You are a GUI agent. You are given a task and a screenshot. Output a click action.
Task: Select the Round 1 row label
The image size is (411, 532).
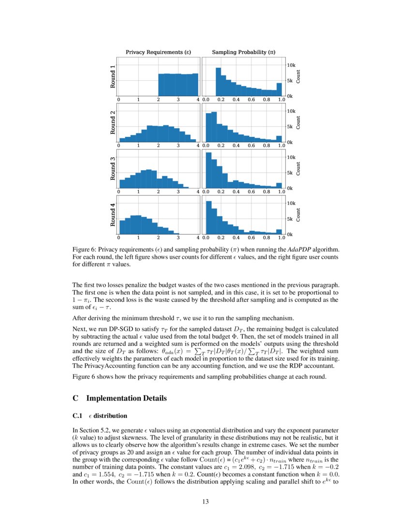113,76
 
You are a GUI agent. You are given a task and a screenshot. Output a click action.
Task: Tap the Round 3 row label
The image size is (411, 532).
113,168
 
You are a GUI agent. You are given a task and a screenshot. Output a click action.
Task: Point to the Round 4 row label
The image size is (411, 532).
113,215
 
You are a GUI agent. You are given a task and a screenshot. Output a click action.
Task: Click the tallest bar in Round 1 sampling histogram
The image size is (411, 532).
218,82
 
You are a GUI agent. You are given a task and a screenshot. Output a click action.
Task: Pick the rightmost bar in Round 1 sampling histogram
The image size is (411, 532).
279,89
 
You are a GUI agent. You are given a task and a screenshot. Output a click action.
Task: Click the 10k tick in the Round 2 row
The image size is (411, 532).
291,111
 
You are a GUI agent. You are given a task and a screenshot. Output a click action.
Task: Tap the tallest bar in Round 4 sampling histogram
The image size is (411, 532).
209,218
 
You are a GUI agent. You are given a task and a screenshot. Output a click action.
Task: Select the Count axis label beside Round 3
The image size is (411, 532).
298,168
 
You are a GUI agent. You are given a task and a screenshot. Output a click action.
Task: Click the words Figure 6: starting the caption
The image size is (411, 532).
83,250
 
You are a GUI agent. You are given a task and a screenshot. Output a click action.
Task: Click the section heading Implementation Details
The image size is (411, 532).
126,399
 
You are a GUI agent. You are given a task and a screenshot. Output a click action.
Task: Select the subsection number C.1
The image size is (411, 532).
77,415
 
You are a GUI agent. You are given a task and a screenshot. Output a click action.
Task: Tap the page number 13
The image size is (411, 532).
205,502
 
